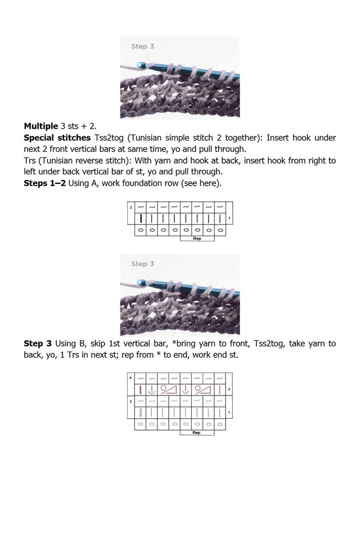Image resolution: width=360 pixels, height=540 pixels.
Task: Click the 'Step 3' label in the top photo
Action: click(x=142, y=47)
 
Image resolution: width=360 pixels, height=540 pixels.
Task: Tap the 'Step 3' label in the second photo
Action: click(x=142, y=264)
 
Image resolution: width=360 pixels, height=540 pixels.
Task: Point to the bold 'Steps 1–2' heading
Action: click(x=44, y=183)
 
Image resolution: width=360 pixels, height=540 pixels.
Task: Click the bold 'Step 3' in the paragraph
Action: click(x=38, y=343)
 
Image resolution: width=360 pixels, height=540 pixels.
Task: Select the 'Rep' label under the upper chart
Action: click(x=197, y=238)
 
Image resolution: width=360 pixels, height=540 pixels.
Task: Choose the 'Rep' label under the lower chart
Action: click(x=196, y=433)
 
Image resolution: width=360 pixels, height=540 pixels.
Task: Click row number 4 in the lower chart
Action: click(x=130, y=377)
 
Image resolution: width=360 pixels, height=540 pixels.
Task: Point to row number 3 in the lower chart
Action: click(x=229, y=389)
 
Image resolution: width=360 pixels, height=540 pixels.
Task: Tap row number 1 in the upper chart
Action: click(x=229, y=218)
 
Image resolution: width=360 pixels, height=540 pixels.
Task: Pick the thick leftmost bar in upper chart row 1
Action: click(x=141, y=218)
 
